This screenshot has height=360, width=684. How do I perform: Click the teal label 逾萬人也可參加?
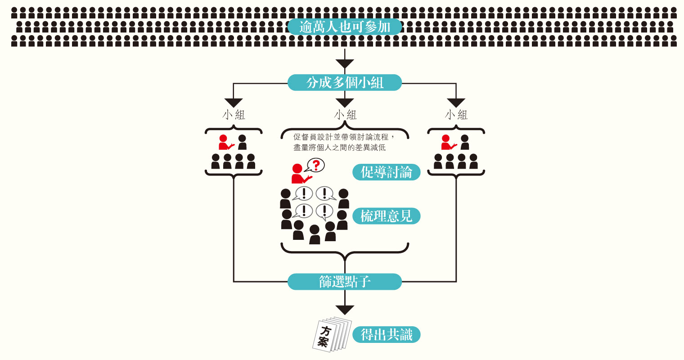click(344, 27)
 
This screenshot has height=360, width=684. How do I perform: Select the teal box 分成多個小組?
click(344, 82)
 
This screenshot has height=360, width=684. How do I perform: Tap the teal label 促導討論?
click(386, 172)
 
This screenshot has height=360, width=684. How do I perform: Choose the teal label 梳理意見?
click(386, 216)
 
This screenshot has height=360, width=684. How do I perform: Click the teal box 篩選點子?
click(344, 282)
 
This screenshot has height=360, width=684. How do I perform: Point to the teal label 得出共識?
click(386, 335)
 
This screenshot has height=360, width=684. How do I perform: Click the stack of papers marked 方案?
click(332, 334)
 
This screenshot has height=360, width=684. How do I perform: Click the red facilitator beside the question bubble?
click(301, 174)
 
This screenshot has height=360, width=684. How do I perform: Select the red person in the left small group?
click(225, 142)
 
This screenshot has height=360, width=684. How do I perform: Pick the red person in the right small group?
click(448, 142)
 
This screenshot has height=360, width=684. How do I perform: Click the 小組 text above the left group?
click(234, 115)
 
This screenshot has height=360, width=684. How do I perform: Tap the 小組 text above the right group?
click(456, 115)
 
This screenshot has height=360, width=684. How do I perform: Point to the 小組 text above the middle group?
click(345, 115)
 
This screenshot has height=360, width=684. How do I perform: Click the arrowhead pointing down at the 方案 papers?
click(345, 310)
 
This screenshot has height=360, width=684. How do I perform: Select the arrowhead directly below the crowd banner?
click(345, 64)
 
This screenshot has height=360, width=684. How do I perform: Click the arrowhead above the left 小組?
click(234, 103)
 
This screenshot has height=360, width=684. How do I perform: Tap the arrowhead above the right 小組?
click(456, 103)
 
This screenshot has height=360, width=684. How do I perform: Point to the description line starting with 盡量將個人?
click(340, 148)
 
